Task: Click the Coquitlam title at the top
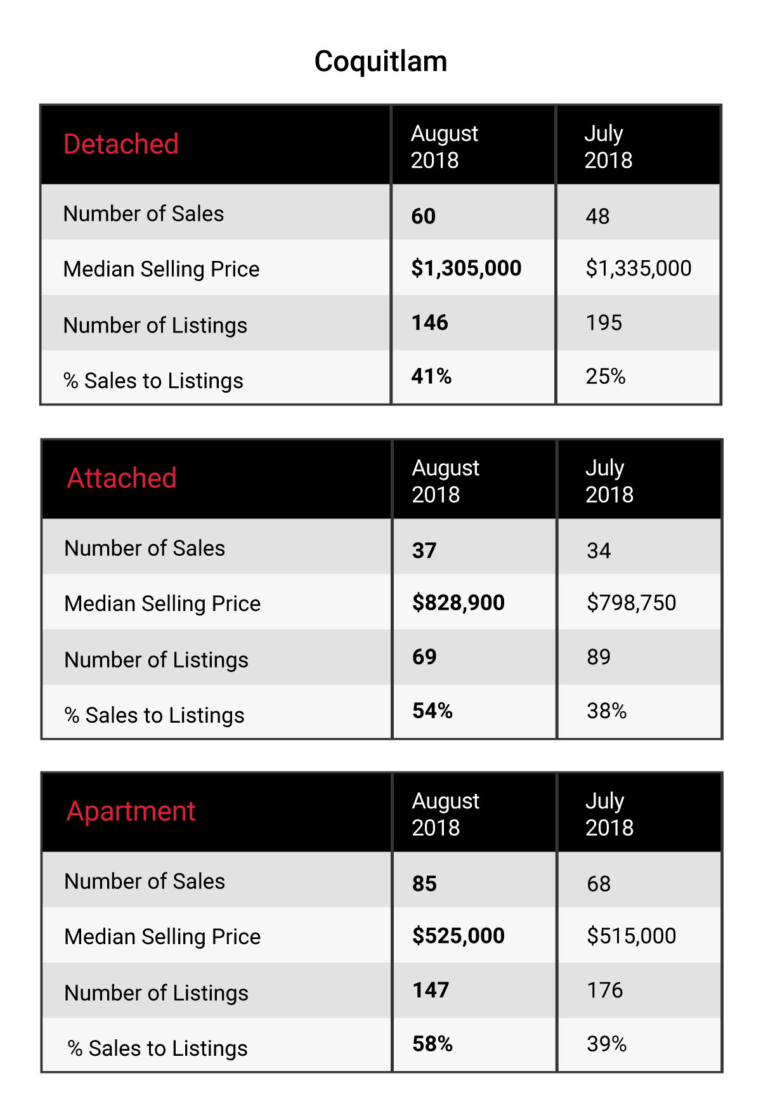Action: pos(380,62)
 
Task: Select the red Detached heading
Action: pos(121,144)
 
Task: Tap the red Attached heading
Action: pos(122,478)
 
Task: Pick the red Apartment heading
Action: pos(131,812)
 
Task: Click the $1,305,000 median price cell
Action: pos(466,268)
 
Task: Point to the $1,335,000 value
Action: pos(639,268)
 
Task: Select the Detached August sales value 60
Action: pos(424,216)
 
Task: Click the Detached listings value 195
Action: pos(604,322)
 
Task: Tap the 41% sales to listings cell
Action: pos(431,376)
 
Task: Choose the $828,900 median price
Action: pos(459,602)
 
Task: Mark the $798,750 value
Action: pos(632,602)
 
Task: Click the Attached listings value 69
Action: pos(424,657)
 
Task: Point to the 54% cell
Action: pos(433,711)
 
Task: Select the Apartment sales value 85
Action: pos(425,884)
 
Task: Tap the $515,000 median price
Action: pos(632,935)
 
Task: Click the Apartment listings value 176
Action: pos(605,990)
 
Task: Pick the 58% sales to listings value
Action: pos(433,1044)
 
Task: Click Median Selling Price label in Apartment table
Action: pos(163,937)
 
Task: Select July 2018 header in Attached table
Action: pos(609,481)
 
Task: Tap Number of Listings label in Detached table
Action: pos(155,325)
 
